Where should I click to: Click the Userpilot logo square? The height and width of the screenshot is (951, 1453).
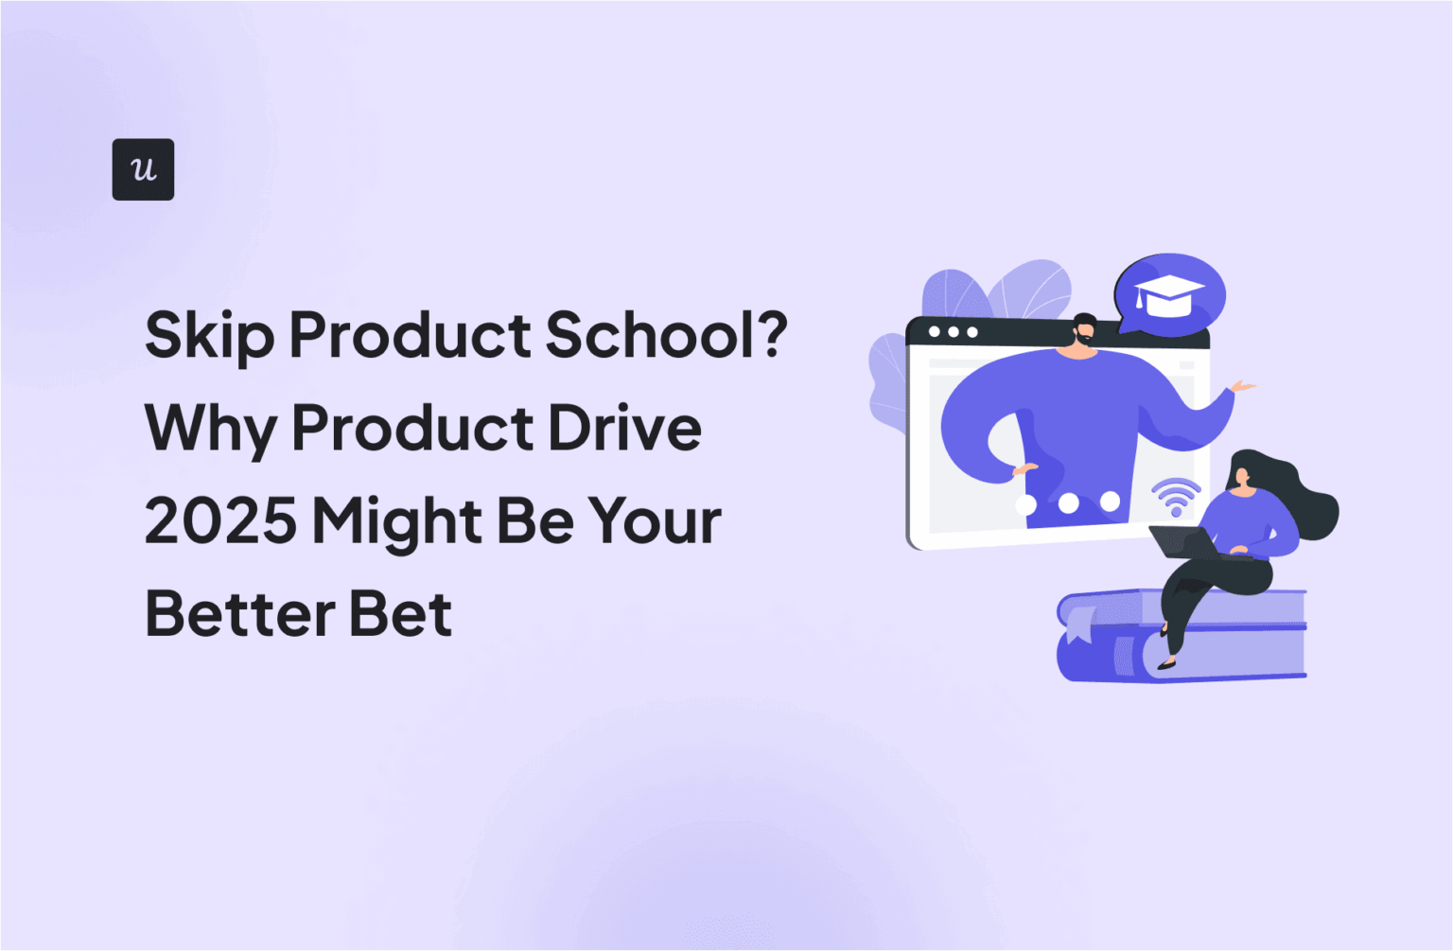(143, 169)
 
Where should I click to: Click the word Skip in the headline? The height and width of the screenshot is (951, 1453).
(209, 335)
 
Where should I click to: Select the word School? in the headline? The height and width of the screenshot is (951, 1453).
(667, 335)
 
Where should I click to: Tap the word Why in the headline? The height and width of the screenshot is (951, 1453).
(210, 429)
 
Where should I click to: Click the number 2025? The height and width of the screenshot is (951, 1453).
(220, 521)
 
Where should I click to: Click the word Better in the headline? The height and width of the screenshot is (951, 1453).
(240, 614)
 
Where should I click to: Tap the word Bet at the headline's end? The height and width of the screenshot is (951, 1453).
(401, 614)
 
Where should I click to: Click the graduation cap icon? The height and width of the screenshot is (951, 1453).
(1169, 296)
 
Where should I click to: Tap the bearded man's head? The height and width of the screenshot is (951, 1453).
(1084, 333)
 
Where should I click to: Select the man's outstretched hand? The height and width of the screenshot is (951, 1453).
(1241, 386)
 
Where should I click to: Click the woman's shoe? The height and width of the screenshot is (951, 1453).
(1166, 663)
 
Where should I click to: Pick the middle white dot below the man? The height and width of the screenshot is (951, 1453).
(1068, 502)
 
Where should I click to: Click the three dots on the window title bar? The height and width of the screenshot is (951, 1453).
(953, 332)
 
